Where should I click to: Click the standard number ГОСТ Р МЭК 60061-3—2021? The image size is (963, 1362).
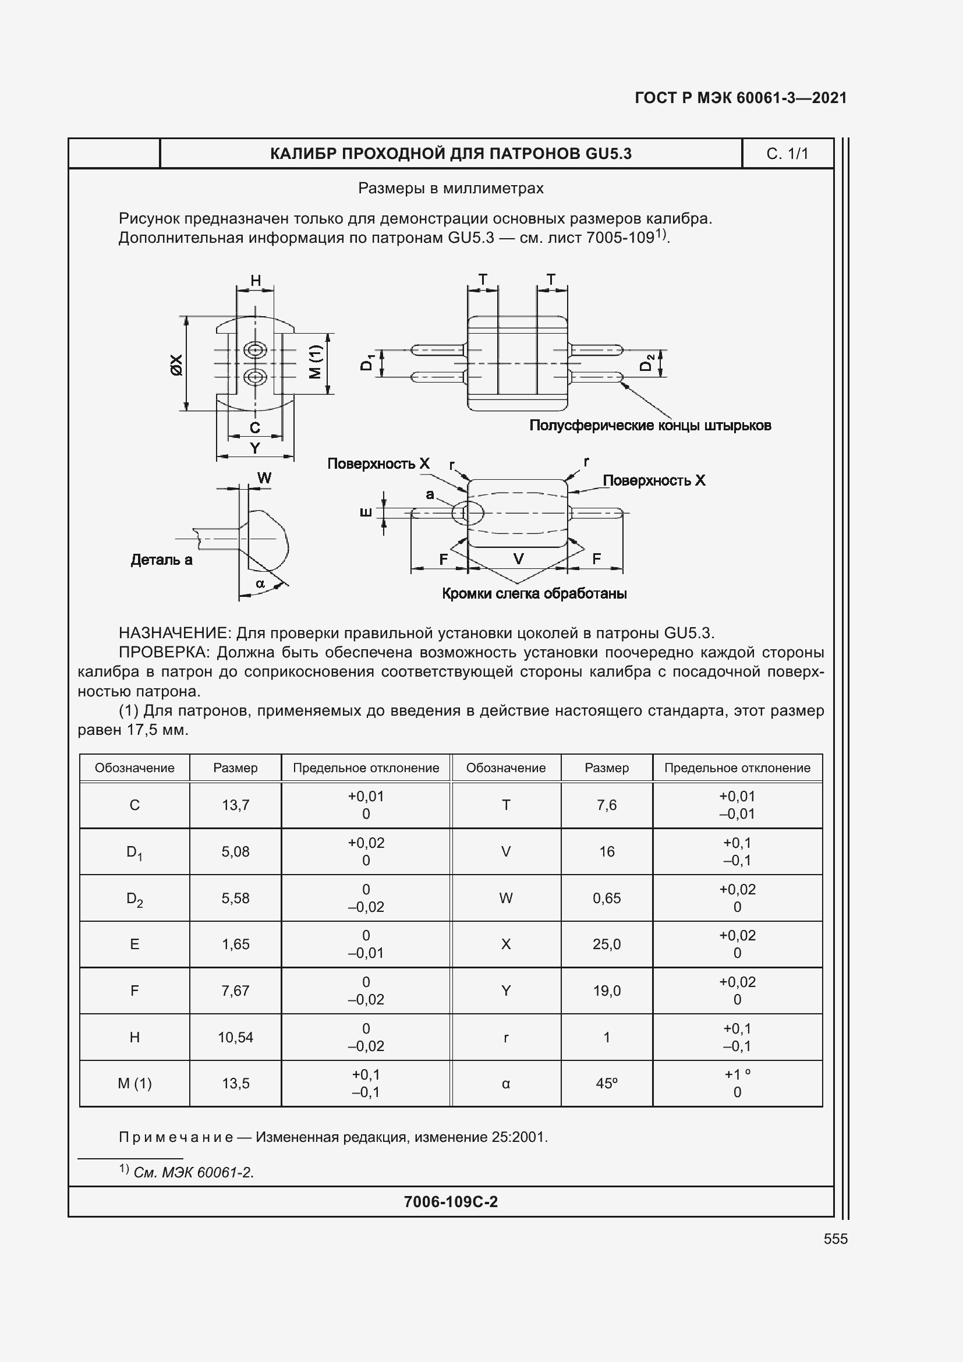[x=741, y=98]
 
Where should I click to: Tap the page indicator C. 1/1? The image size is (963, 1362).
[x=787, y=154]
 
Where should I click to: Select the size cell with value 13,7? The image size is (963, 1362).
[x=235, y=805]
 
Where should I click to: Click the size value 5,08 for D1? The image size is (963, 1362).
[x=235, y=851]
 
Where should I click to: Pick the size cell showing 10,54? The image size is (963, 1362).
[x=235, y=1037]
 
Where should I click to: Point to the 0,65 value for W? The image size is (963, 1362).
[x=607, y=898]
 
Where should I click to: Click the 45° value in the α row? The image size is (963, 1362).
[x=607, y=1083]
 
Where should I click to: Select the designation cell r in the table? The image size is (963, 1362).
[x=506, y=1037]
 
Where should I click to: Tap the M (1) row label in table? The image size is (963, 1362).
[x=134, y=1083]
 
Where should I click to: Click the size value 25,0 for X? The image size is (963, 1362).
[x=607, y=944]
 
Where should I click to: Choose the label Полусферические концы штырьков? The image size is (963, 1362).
[x=650, y=425]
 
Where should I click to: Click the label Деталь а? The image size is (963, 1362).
[x=161, y=560]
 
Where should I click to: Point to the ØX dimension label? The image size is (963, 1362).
[x=176, y=364]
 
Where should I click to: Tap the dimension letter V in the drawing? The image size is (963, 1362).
[x=518, y=558]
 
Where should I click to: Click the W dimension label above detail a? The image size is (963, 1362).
[x=264, y=478]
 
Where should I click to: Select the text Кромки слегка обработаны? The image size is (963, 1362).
[x=534, y=593]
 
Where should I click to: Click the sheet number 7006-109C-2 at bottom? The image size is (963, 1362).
[x=451, y=1202]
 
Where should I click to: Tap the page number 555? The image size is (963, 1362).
[x=835, y=1239]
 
